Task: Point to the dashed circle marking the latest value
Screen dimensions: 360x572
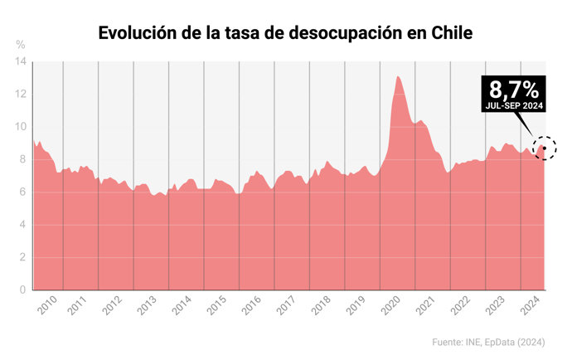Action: [x=544, y=148]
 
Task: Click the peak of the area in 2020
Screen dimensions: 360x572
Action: [x=399, y=77]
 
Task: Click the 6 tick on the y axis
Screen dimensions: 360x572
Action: [x=23, y=192]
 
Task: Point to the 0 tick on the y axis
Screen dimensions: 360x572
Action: [x=23, y=290]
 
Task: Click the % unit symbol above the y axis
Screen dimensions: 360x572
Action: [x=21, y=44]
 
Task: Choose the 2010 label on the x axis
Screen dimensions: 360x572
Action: [x=47, y=305]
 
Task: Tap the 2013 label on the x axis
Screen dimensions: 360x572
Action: [x=146, y=305]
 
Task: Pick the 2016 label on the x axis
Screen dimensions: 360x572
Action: [x=251, y=305]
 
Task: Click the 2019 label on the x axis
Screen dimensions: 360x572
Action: [x=356, y=305]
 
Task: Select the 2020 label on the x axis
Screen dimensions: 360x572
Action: [x=390, y=305]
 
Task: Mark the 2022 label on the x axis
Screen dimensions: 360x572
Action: [x=460, y=305]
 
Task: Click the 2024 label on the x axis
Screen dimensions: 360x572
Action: [x=531, y=305]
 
